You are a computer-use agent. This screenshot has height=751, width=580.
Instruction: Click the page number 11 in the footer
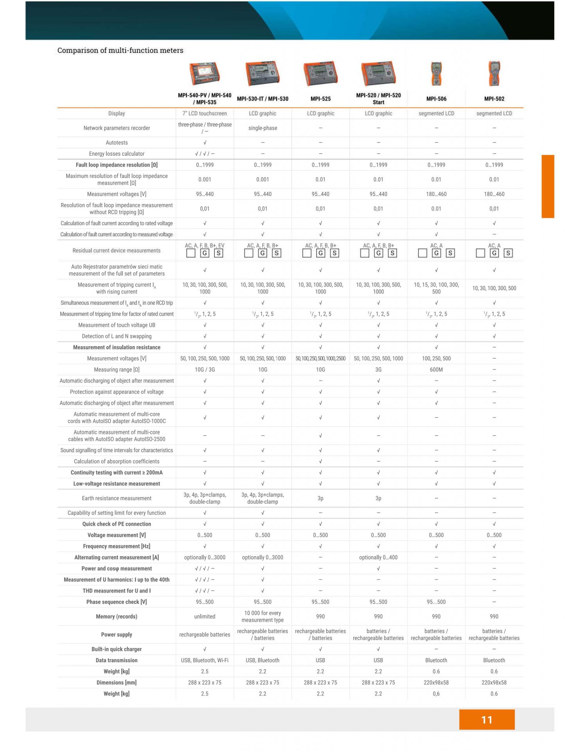point(487,720)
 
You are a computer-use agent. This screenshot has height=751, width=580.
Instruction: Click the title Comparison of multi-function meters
point(120,50)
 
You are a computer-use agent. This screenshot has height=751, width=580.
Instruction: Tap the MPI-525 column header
point(320,99)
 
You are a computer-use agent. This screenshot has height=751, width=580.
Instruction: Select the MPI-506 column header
point(436,99)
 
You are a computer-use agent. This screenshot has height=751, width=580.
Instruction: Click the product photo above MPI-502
point(494,73)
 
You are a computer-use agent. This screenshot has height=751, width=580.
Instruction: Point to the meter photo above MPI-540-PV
point(205,73)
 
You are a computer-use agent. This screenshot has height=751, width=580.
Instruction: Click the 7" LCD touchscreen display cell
point(205,113)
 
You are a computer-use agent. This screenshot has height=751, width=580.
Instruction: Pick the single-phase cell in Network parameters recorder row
point(262,128)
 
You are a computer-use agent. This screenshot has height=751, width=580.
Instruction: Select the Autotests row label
point(117,143)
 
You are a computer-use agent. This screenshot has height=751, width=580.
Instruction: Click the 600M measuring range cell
point(436,370)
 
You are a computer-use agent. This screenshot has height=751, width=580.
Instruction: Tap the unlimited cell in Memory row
point(205,616)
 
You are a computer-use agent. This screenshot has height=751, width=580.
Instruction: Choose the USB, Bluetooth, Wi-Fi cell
point(205,660)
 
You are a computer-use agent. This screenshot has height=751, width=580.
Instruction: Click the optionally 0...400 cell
point(378,557)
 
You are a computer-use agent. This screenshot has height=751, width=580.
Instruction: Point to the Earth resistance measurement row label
point(117,498)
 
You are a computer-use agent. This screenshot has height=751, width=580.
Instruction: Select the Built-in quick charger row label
point(117,649)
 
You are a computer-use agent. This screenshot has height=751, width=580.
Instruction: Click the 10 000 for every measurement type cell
point(262,616)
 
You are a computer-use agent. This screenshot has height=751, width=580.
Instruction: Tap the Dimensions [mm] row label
point(117,683)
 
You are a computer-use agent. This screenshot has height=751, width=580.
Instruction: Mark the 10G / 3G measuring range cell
point(205,370)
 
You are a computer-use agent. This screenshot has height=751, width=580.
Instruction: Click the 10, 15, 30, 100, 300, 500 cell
point(436,288)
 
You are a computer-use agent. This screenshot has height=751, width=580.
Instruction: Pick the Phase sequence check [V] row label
point(117,602)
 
